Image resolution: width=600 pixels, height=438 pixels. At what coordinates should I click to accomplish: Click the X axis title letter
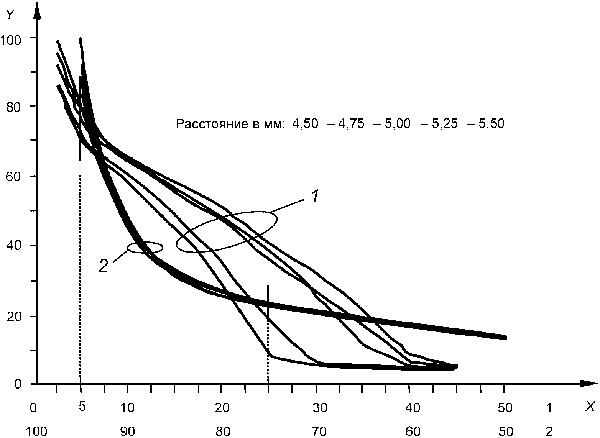(589, 407)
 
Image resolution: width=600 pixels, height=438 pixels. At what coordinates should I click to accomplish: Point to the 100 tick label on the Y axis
(12, 39)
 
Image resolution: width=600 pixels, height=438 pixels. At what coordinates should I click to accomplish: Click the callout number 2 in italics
(104, 266)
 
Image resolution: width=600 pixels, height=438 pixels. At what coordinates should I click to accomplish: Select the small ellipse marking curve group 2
(145, 247)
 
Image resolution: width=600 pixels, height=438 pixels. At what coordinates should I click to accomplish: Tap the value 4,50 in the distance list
(305, 124)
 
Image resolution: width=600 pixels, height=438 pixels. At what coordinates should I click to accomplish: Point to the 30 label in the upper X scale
(319, 408)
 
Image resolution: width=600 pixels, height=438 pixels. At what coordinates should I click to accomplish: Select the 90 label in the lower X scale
(128, 431)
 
